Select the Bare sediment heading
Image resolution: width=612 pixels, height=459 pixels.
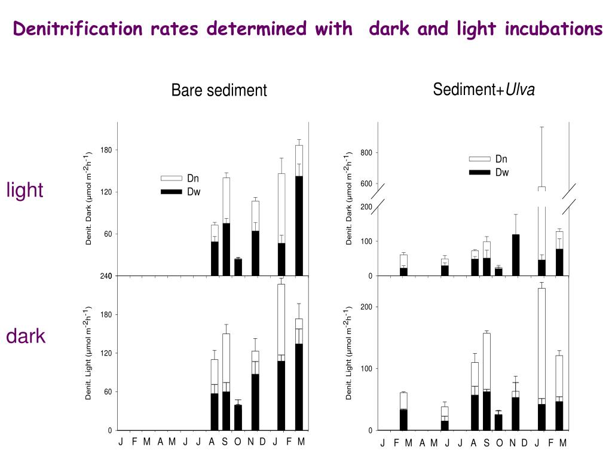point(219,90)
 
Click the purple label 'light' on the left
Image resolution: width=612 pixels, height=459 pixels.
point(25,190)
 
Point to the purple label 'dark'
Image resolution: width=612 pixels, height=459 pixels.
point(26,336)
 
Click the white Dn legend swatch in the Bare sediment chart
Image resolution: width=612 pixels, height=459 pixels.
point(171,178)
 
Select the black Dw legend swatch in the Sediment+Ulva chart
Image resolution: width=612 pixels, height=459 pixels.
point(479,172)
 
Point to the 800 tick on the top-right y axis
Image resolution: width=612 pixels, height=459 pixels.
point(366,153)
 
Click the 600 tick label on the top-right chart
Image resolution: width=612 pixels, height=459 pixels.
point(366,184)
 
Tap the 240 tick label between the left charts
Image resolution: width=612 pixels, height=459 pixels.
point(107,276)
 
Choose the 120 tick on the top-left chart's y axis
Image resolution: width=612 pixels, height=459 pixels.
point(107,192)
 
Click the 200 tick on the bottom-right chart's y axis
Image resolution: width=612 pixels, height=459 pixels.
point(366,307)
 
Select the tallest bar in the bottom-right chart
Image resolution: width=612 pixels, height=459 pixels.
point(541,359)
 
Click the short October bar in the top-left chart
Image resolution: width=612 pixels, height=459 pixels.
point(238,267)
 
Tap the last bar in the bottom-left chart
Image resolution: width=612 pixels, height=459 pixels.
point(299,374)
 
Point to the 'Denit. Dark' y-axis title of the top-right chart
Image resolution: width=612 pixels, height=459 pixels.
point(349,198)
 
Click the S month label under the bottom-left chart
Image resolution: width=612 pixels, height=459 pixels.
point(225,442)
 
